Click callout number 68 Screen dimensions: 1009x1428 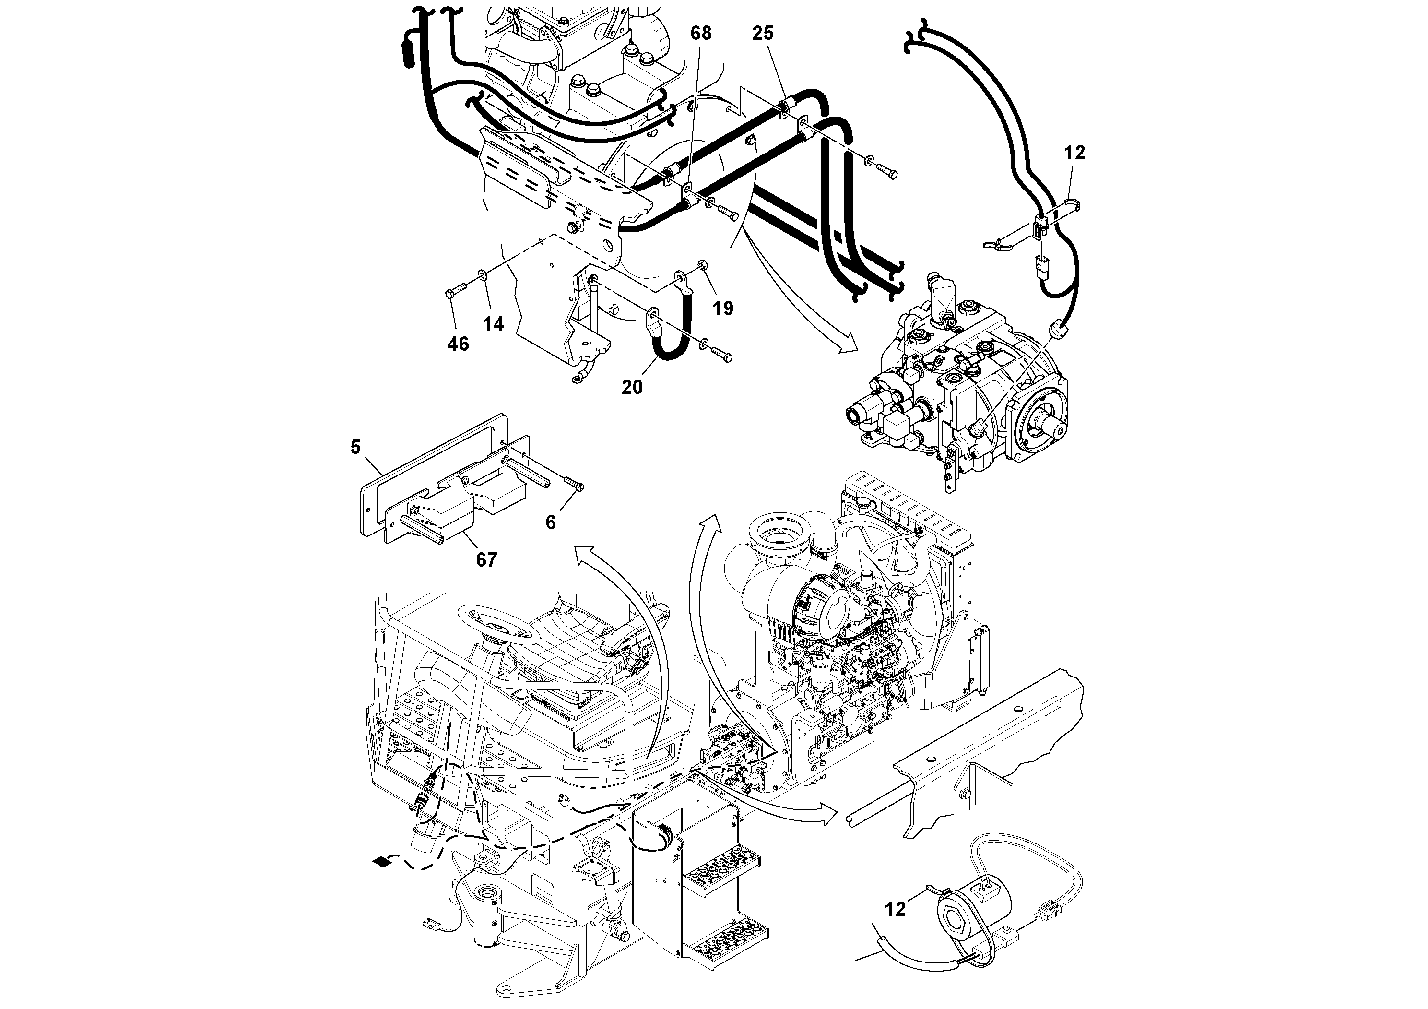click(x=700, y=33)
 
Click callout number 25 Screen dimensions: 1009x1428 click(x=763, y=33)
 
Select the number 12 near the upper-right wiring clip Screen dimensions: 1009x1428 click(x=1074, y=153)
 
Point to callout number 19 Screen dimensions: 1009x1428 click(x=723, y=308)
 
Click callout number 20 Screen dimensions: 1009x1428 click(x=632, y=387)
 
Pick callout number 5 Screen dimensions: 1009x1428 click(x=355, y=447)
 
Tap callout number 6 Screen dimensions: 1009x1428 click(x=550, y=522)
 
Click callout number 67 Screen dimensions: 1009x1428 click(x=486, y=560)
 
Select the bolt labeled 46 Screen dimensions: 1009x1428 click(x=456, y=290)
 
